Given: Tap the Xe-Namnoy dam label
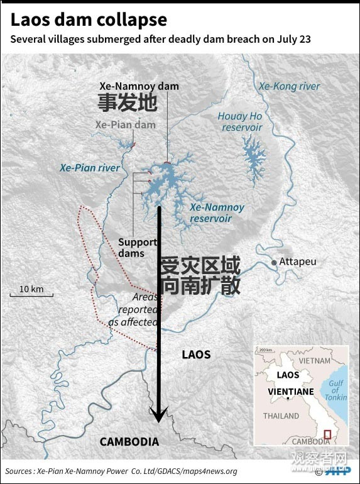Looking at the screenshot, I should coord(139,86).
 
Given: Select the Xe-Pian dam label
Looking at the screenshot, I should coord(125,124).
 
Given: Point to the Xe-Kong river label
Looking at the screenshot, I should coord(289,87).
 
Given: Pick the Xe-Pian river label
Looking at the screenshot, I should coord(90,168).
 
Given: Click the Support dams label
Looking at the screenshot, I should coord(138,248).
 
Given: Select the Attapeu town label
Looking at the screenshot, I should coord(298,261).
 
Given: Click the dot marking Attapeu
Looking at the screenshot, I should coord(273,261).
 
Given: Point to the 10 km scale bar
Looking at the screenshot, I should coord(31,294).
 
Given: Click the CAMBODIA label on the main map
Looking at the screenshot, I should coord(129,442).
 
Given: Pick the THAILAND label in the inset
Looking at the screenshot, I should coord(281,415).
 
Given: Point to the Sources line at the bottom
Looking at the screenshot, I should coord(121,471).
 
